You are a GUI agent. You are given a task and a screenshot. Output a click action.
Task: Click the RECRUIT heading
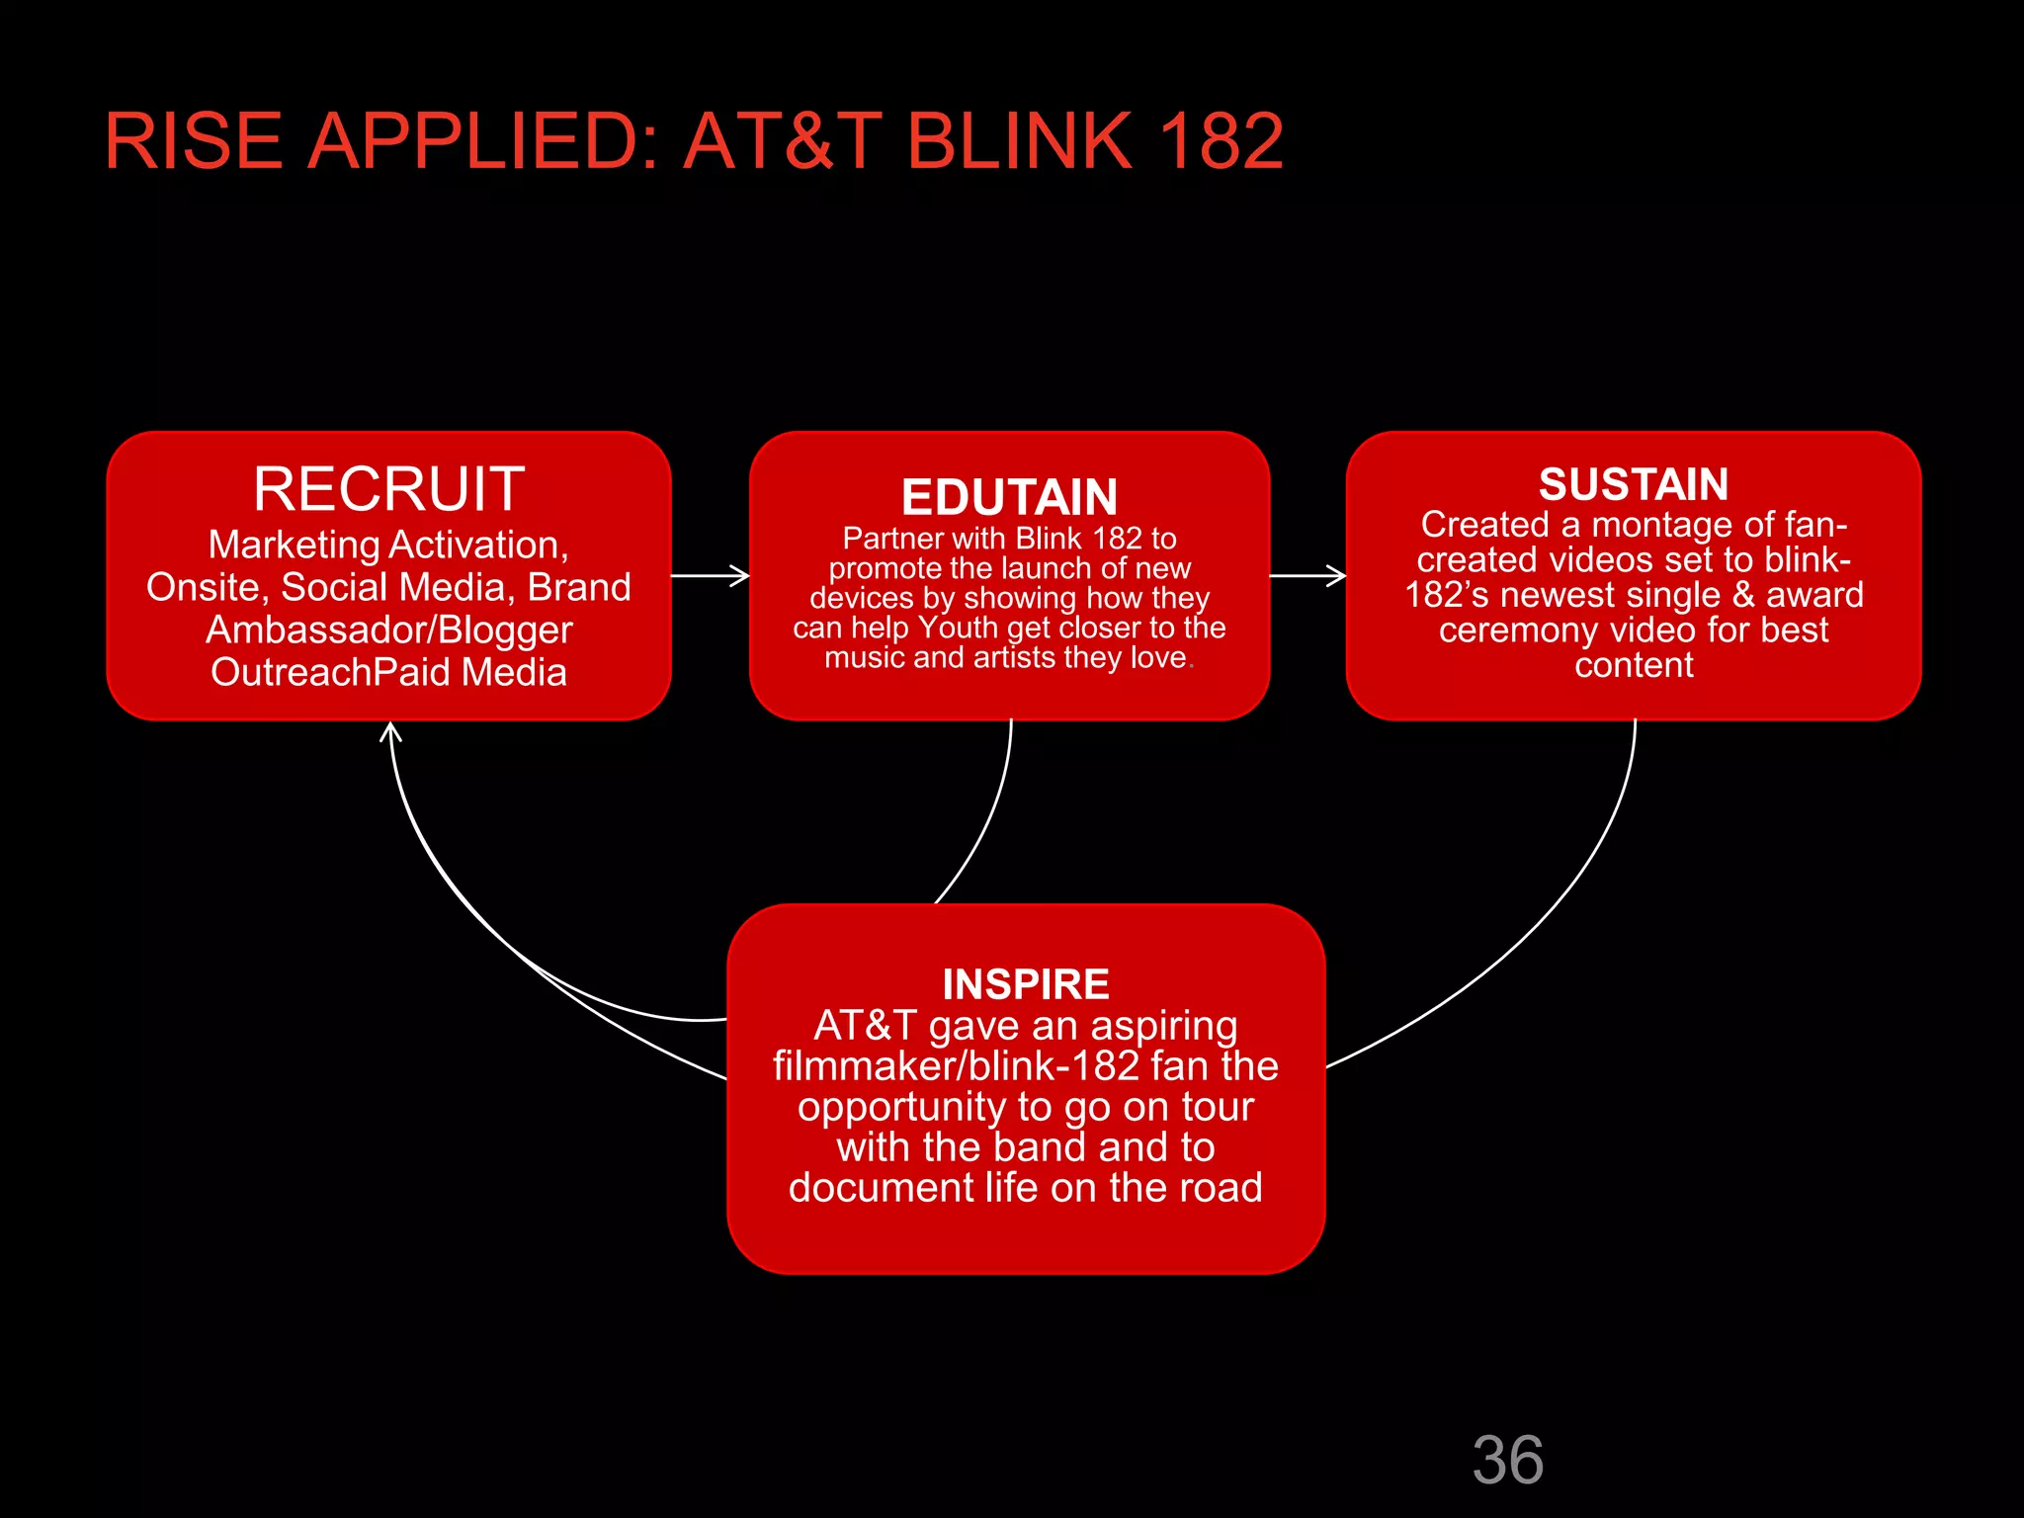388,488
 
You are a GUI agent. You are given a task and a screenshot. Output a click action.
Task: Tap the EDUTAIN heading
1009,497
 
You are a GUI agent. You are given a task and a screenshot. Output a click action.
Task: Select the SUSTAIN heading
1633,484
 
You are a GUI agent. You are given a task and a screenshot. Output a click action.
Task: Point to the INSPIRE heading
1026,984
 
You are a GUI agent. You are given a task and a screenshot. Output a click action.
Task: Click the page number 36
1507,1460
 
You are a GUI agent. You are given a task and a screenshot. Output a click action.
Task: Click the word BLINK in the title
1018,141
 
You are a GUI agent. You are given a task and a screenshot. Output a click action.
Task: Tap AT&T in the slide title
783,141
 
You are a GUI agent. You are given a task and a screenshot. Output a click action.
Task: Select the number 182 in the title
1222,141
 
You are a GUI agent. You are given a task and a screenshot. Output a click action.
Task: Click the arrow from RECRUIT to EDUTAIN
710,575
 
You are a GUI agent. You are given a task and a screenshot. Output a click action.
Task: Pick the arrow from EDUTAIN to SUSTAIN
1307,575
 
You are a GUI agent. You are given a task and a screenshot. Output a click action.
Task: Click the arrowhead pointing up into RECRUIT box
391,732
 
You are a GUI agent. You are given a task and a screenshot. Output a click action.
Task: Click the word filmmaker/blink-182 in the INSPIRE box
956,1066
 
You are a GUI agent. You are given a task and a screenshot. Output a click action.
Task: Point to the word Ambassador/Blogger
388,631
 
